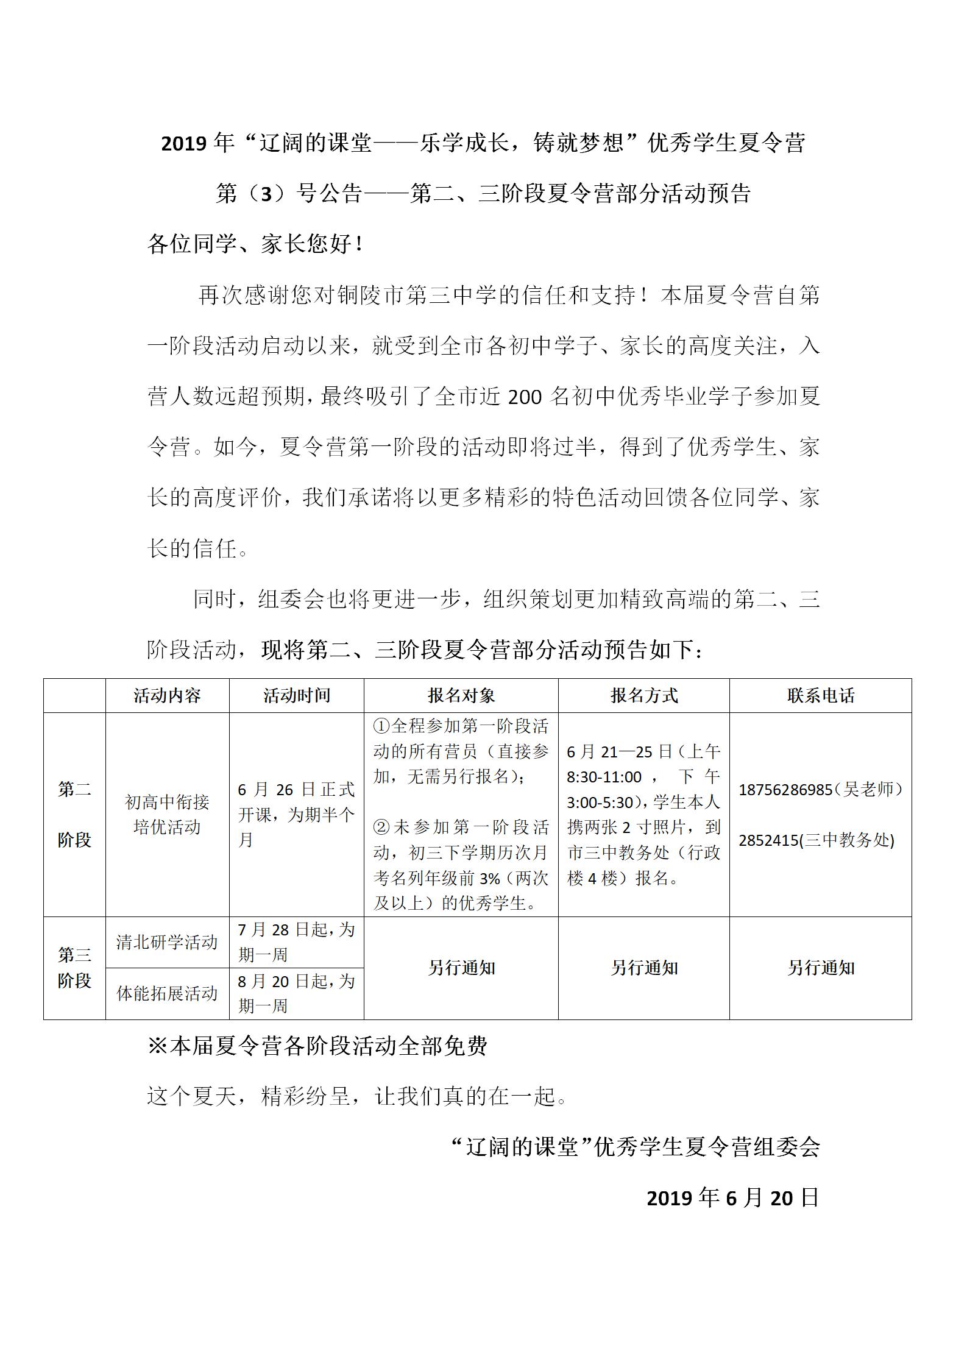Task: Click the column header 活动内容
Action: [x=167, y=696]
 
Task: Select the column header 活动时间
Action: [x=297, y=696]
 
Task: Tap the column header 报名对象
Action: [x=461, y=696]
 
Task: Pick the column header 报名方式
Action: [x=644, y=696]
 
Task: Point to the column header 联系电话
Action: [x=821, y=696]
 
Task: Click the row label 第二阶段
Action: [x=74, y=815]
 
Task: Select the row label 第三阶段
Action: [x=74, y=968]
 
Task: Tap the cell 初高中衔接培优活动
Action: [x=167, y=815]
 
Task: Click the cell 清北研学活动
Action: [x=167, y=942]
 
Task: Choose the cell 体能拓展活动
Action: [x=167, y=993]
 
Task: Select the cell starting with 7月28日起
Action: [x=297, y=942]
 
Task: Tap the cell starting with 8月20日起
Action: [x=297, y=993]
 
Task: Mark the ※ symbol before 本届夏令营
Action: [x=158, y=1046]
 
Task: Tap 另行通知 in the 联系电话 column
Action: [x=821, y=968]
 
